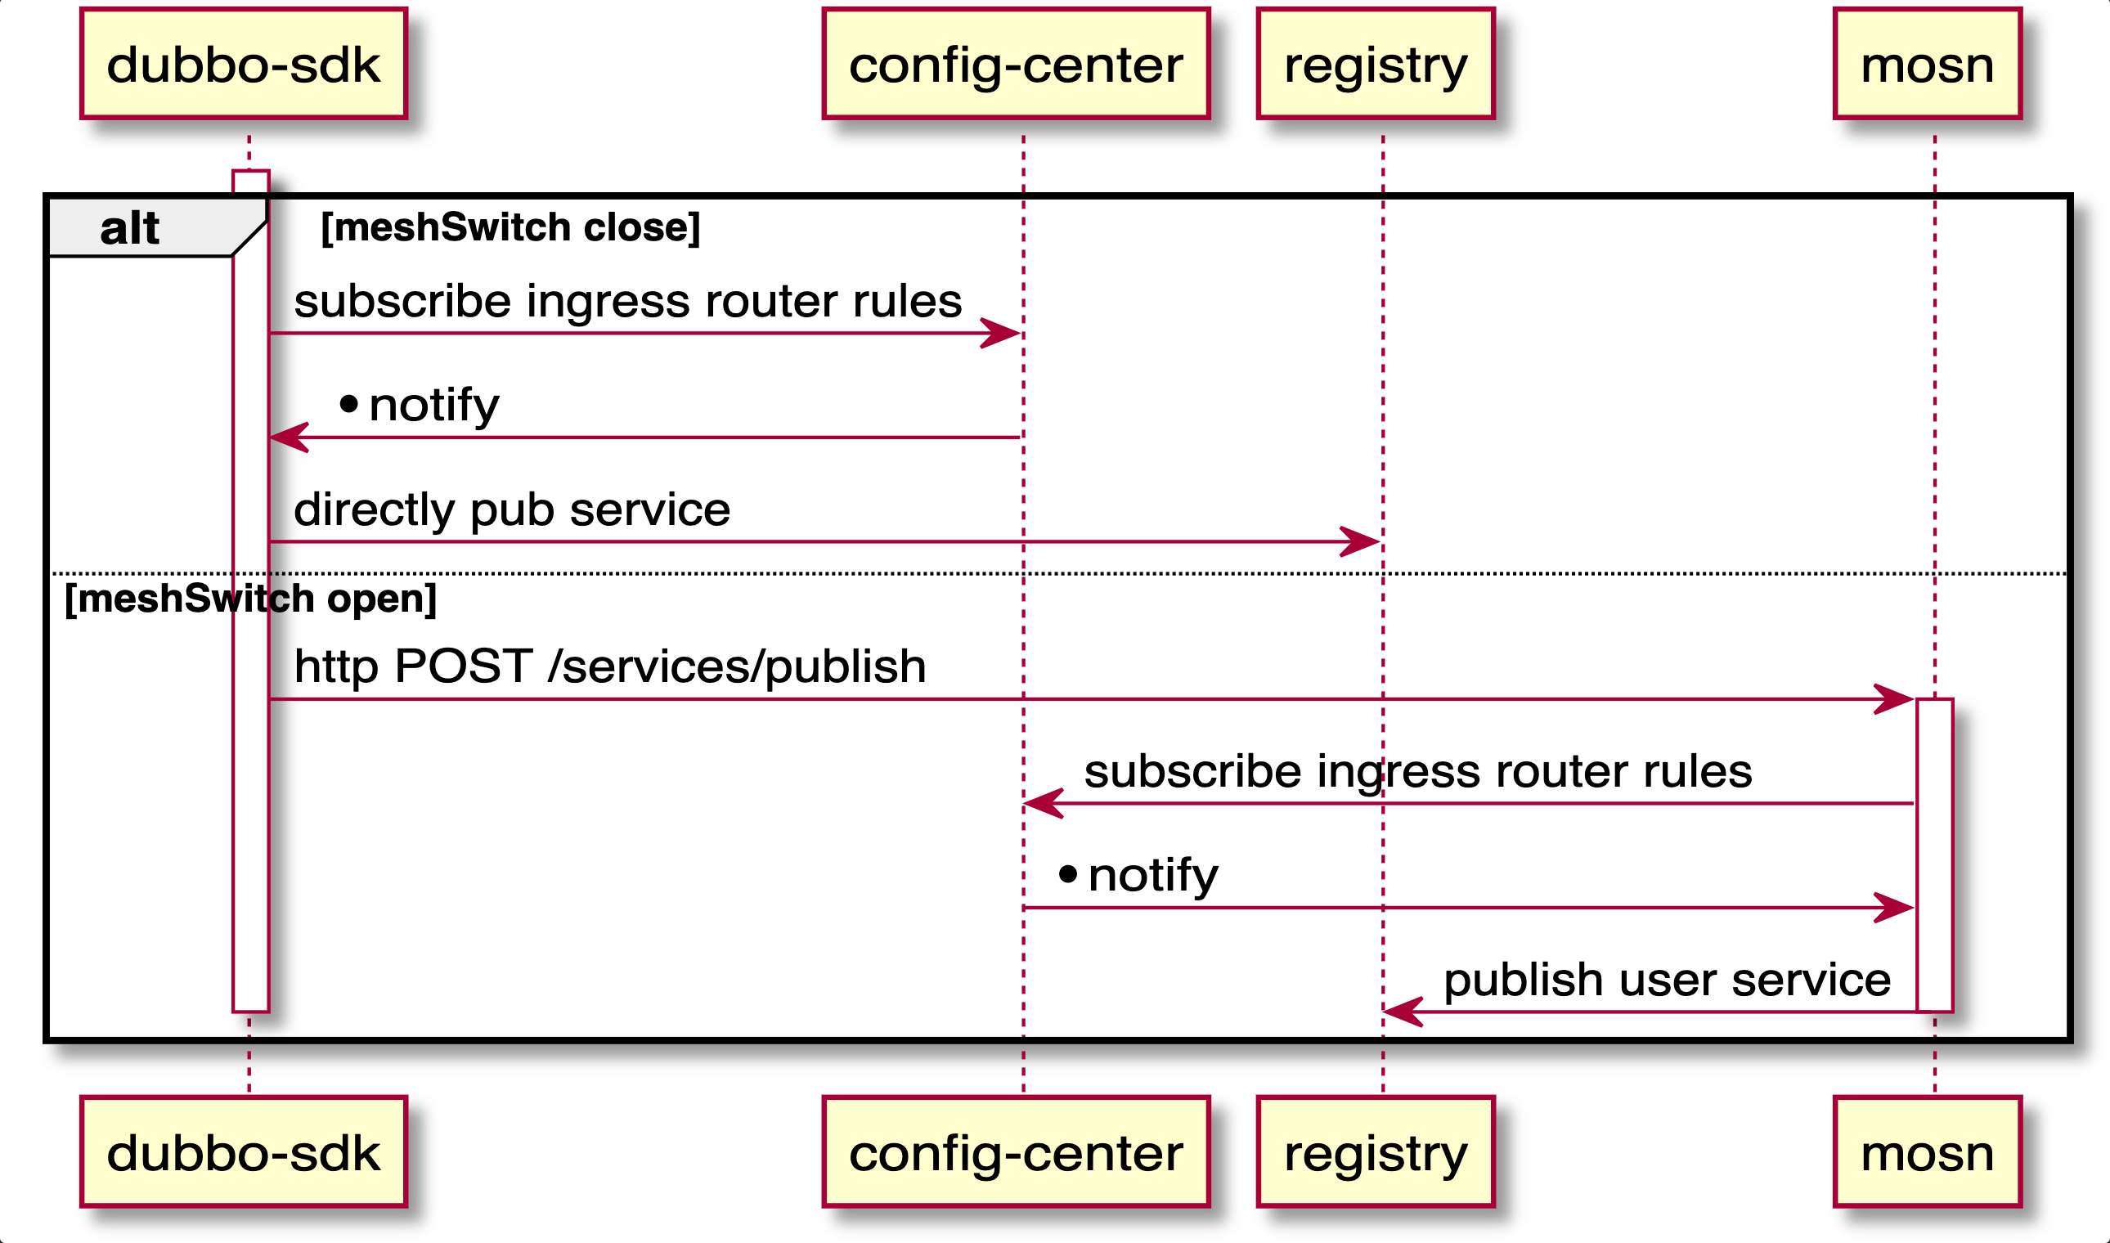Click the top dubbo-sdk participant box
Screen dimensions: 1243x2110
pos(244,64)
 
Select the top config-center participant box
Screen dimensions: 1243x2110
pos(1015,64)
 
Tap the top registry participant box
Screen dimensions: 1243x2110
pos(1376,64)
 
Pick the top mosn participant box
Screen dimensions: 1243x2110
pos(1927,64)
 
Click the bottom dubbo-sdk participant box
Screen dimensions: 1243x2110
pos(244,1151)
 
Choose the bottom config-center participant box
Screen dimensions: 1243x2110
pos(1015,1151)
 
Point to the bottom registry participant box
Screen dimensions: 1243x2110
pos(1376,1151)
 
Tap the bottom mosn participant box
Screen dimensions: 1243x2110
pos(1927,1151)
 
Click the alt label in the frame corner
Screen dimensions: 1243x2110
pos(130,228)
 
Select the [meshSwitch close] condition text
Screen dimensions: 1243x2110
pos(510,228)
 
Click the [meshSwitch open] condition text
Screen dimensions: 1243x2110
pos(250,599)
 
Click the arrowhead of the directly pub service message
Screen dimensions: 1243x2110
pos(1361,542)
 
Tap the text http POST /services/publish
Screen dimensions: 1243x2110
pos(610,666)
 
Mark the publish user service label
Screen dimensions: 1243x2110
pos(1667,980)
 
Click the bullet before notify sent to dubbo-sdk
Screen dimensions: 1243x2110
pos(349,406)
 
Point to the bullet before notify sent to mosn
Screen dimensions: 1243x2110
pos(1068,875)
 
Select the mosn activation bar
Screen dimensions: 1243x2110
pos(1934,855)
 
